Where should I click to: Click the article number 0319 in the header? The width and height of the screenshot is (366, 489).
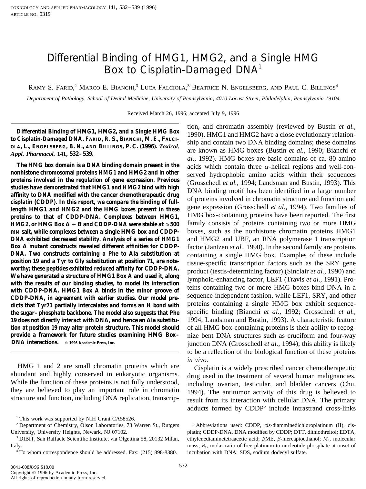pyautogui.click(x=45, y=14)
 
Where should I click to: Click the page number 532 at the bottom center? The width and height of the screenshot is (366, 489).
pyautogui.click(x=183, y=465)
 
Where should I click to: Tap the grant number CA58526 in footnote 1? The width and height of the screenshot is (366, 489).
pyautogui.click(x=124, y=419)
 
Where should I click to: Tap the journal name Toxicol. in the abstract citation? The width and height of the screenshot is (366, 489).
pyautogui.click(x=169, y=146)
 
